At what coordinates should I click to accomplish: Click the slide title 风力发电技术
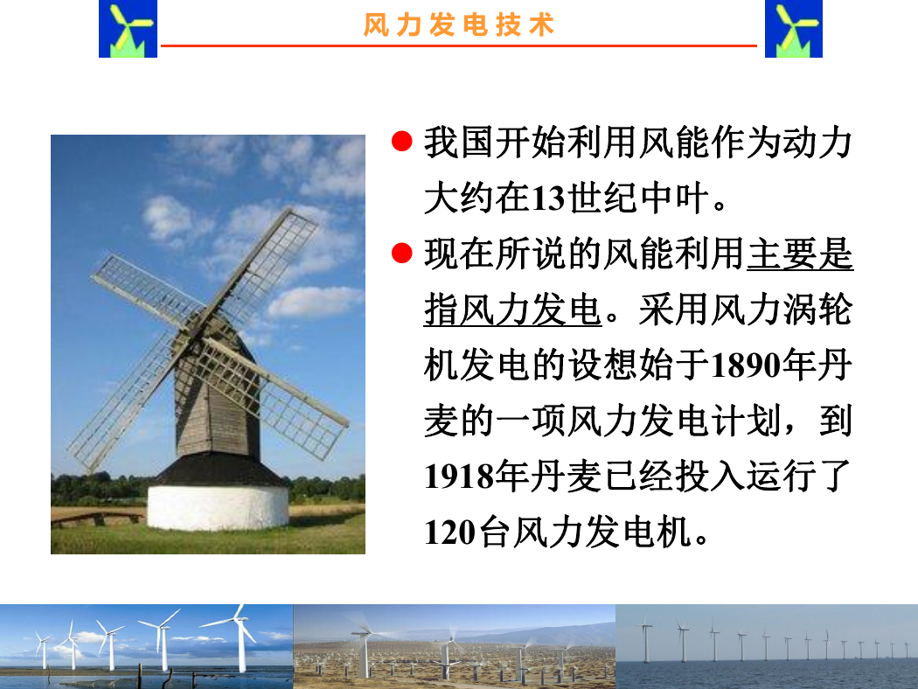click(x=458, y=24)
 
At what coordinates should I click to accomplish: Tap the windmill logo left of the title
click(x=129, y=29)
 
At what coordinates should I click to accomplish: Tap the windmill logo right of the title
click(x=793, y=29)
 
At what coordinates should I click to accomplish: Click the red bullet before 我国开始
click(x=401, y=141)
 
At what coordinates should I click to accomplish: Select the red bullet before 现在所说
click(x=401, y=253)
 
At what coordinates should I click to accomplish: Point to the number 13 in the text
click(x=548, y=198)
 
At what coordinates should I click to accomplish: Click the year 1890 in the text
click(x=745, y=365)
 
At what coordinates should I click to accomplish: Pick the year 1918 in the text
click(x=460, y=477)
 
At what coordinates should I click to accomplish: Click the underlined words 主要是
click(x=800, y=254)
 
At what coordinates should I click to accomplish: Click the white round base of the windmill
click(x=218, y=506)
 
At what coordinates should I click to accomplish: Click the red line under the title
click(x=458, y=45)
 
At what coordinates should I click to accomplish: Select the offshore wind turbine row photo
click(x=767, y=646)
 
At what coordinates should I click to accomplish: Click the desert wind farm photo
click(x=455, y=646)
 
